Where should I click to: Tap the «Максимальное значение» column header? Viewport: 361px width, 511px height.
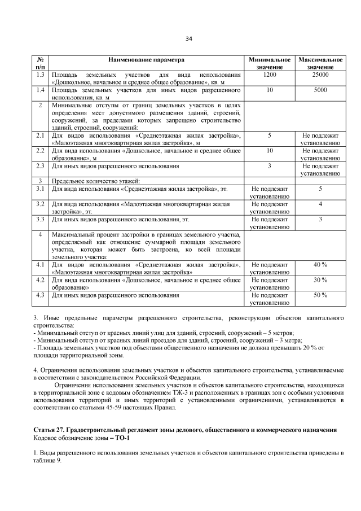pyautogui.click(x=320, y=63)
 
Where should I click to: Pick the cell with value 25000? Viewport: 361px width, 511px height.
pyautogui.click(x=320, y=75)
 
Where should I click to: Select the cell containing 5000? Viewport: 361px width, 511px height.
pyautogui.click(x=320, y=90)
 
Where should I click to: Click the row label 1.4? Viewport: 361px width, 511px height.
pyautogui.click(x=40, y=90)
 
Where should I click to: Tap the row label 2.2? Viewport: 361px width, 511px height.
pyautogui.click(x=40, y=151)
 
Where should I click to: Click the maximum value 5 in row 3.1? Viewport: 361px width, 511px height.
pyautogui.click(x=320, y=189)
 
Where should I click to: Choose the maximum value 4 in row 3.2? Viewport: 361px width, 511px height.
pyautogui.click(x=320, y=204)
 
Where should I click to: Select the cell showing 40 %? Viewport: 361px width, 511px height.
pyautogui.click(x=320, y=265)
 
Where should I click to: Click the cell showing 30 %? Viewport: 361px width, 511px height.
pyautogui.click(x=320, y=280)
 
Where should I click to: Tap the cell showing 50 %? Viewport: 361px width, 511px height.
pyautogui.click(x=320, y=295)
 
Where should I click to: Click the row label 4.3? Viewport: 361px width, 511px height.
pyautogui.click(x=40, y=295)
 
